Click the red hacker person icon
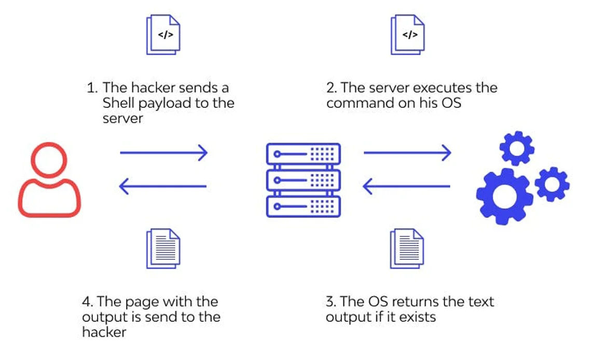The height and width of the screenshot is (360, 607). tap(49, 179)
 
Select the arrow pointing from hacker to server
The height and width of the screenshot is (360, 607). tap(163, 153)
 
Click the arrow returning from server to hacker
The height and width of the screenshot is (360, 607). tap(163, 186)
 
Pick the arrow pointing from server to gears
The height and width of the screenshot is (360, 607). tap(407, 153)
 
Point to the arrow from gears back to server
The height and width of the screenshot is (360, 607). tap(407, 186)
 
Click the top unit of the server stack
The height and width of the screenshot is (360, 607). tap(303, 154)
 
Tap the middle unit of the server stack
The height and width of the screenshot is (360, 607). tap(303, 180)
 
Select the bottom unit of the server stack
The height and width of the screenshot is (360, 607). tap(303, 206)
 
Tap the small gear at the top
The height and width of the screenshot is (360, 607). tap(516, 148)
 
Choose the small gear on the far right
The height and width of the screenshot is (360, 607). tap(552, 184)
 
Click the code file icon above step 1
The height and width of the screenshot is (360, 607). tap(163, 34)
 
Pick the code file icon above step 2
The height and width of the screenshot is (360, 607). tap(408, 34)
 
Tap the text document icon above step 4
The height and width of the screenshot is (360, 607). tap(163, 248)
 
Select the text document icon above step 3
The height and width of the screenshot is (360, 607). tap(407, 248)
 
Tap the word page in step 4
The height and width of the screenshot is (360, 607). tap(142, 301)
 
